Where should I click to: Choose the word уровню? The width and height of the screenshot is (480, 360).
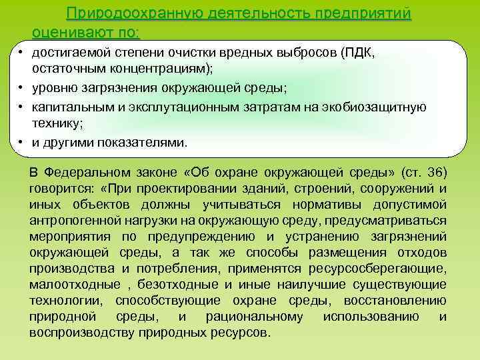(x=56, y=88)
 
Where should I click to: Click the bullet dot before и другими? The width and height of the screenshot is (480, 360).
(x=22, y=142)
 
